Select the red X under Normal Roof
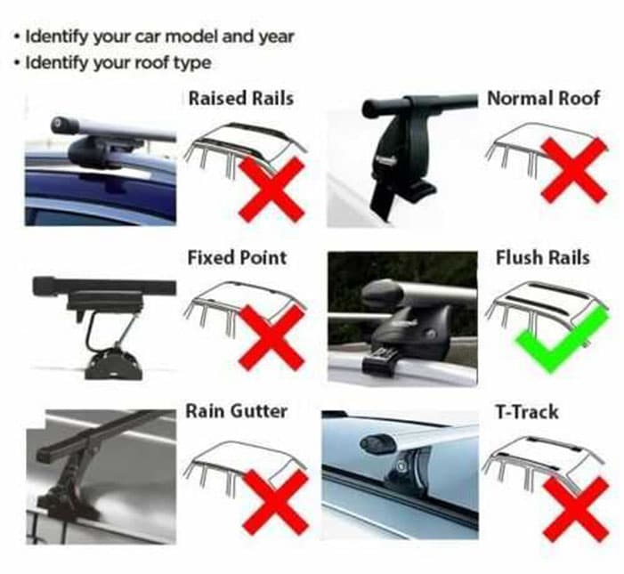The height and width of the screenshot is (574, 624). (x=574, y=170)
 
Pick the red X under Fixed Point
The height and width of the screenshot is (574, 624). (x=271, y=338)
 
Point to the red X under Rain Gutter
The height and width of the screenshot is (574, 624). (x=275, y=503)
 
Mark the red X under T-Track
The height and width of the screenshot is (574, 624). (x=576, y=510)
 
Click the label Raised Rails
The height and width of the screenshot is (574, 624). (x=240, y=98)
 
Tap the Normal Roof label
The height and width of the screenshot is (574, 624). (x=543, y=98)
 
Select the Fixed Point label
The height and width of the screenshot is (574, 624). (x=237, y=258)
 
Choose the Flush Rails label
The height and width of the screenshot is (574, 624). (x=542, y=257)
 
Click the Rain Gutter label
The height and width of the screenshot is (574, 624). (x=237, y=411)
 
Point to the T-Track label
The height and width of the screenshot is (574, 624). (x=526, y=412)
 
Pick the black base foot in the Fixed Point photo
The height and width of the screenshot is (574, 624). (x=112, y=365)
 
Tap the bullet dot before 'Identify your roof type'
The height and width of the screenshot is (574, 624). (x=16, y=63)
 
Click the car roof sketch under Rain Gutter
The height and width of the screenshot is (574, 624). (x=244, y=465)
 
